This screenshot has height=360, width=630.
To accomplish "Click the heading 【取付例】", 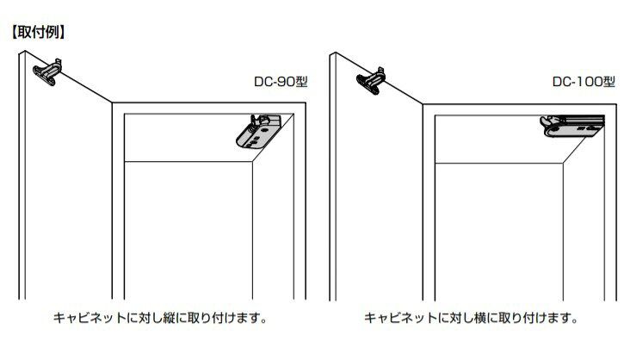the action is click(38, 32).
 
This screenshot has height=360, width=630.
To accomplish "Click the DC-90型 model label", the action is click(281, 82).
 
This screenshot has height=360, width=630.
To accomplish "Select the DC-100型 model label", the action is click(584, 82).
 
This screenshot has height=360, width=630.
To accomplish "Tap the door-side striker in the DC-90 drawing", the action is click(48, 72).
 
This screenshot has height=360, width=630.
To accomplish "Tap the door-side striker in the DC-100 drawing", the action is click(371, 81).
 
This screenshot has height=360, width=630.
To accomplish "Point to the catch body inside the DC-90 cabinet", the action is click(258, 132).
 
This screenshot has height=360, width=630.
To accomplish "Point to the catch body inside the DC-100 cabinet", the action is click(572, 126).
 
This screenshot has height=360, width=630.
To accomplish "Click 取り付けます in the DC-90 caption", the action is click(224, 318).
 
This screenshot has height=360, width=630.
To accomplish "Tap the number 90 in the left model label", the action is click(286, 82).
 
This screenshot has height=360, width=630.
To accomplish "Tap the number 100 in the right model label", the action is click(589, 82).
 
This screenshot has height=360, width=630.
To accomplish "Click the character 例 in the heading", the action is click(52, 32).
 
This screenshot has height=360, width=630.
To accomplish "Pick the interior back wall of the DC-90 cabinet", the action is click(188, 230).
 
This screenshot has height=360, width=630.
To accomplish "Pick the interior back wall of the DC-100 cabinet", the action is click(498, 232).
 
